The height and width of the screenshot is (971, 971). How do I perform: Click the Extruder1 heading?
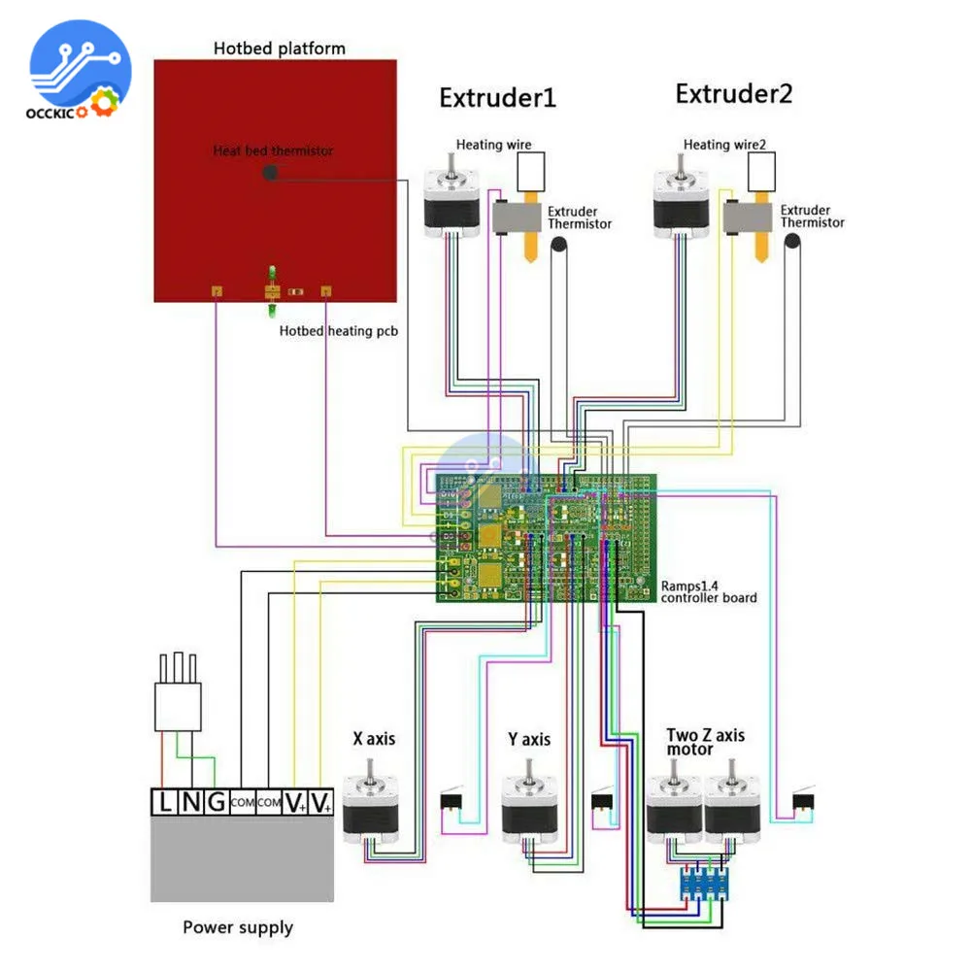[497, 98]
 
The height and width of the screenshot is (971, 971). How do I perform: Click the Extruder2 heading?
[734, 94]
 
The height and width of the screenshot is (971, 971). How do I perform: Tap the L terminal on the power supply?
[166, 802]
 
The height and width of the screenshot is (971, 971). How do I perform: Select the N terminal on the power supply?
[191, 802]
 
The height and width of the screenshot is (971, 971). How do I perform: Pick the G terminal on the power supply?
[216, 802]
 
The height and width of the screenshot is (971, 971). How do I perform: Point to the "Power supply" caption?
[238, 927]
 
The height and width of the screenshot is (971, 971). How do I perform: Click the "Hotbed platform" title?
[279, 48]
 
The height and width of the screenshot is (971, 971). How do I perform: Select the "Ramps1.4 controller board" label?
[709, 591]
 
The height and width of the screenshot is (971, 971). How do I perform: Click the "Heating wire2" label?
[724, 145]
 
